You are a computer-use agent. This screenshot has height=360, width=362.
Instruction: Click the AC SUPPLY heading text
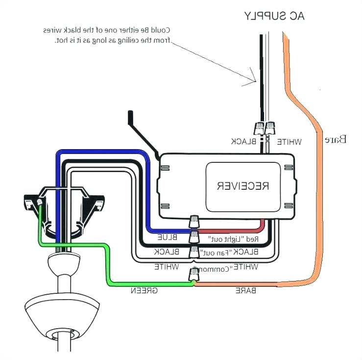point(274,16)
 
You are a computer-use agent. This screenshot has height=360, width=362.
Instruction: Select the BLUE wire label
point(167,237)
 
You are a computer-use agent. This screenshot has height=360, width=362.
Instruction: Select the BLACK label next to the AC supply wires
point(243,142)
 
